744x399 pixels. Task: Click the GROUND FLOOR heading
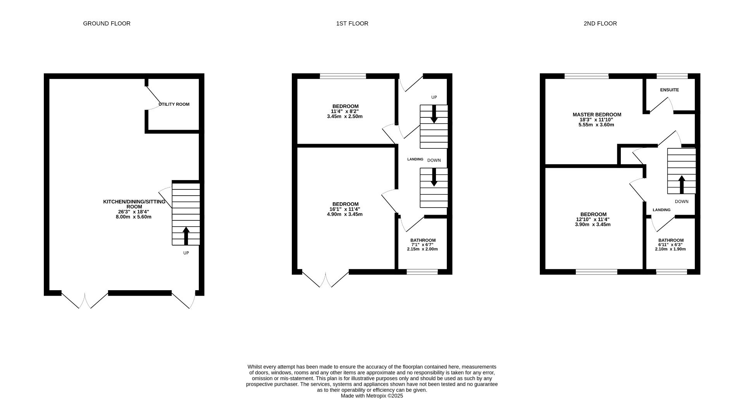107,24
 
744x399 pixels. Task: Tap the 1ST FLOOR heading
352,24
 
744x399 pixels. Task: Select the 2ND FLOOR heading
600,24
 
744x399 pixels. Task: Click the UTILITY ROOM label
174,104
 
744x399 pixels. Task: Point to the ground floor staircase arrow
186,236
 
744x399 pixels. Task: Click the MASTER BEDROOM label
597,115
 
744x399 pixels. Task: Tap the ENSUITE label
669,90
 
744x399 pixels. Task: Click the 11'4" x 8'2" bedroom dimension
345,112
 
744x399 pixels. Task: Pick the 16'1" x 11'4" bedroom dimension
345,209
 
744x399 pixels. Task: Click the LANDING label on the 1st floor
415,159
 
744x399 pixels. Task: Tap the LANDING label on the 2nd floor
661,210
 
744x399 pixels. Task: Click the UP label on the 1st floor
434,97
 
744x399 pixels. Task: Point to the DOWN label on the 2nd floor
681,201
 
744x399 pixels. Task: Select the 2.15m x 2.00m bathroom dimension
422,249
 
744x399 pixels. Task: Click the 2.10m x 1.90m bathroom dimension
670,249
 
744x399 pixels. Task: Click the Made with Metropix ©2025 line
372,396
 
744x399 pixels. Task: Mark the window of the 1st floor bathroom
422,272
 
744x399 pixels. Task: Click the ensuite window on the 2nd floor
672,76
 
